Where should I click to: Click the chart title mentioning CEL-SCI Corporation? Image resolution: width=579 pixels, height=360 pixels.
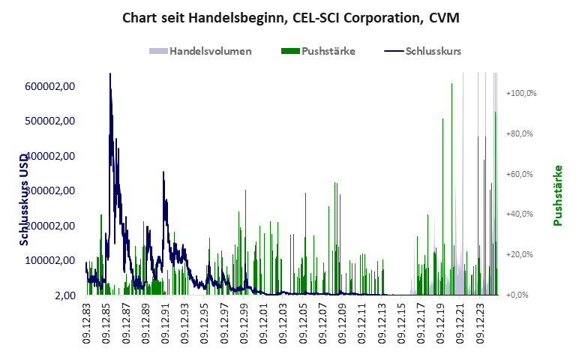289,17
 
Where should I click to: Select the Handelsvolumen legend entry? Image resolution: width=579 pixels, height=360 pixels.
210,51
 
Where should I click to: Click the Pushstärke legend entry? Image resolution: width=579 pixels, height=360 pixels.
328,51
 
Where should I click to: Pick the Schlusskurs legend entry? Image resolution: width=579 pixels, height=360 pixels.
433,51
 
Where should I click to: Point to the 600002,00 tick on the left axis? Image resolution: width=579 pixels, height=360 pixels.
50,86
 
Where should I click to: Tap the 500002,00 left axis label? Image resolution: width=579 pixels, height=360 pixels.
50,121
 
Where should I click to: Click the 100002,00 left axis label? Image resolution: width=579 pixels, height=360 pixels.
50,260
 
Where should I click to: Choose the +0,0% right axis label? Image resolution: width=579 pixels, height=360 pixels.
525,295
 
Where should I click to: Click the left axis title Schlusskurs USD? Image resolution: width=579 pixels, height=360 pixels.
25,196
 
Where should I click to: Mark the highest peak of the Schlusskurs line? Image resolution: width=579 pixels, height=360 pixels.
110,73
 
